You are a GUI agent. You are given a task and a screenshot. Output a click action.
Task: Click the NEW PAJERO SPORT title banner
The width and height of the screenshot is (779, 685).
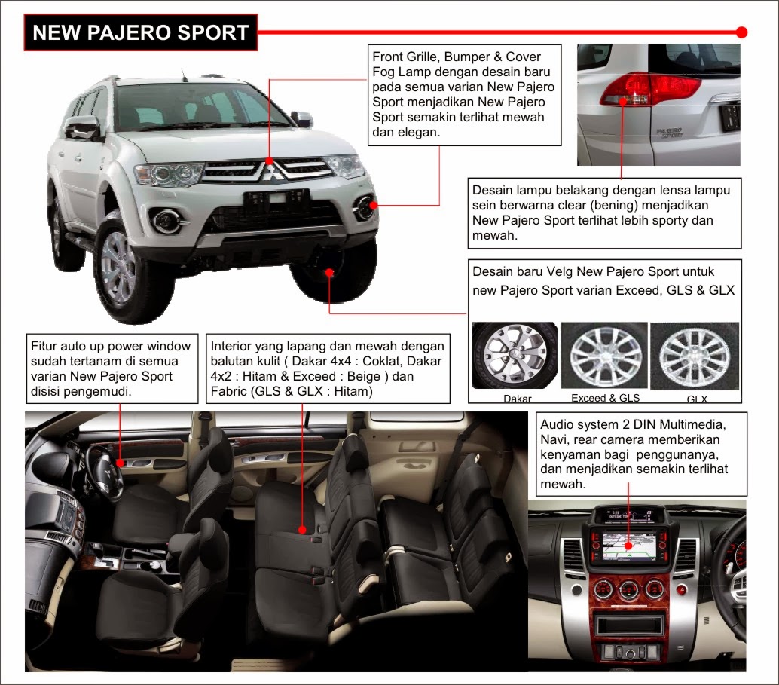(141, 32)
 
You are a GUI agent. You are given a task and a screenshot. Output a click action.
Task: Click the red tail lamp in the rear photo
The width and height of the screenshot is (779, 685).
(650, 88)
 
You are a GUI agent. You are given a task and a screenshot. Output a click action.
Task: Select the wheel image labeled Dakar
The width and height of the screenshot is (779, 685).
(515, 356)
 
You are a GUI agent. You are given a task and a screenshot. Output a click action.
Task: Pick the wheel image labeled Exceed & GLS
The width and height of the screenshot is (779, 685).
(604, 355)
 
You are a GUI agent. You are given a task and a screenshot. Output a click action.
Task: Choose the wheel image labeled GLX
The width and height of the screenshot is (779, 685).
(695, 356)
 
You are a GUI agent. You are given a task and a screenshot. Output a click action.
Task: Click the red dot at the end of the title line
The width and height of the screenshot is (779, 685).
(742, 32)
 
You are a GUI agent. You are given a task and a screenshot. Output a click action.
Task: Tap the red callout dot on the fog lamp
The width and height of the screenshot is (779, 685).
(373, 205)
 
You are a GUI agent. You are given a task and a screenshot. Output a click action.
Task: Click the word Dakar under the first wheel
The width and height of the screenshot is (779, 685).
(517, 398)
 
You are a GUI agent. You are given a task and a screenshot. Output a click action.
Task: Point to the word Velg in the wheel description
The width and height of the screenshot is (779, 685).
(560, 271)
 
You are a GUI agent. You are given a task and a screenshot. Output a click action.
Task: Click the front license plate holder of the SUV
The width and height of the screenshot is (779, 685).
(276, 200)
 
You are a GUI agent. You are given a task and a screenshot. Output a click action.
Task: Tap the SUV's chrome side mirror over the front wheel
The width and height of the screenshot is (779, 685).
(82, 127)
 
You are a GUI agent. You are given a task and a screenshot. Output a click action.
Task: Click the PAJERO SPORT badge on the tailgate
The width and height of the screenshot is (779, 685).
(669, 132)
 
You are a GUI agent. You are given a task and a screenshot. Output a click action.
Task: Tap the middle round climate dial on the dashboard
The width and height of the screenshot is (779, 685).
(628, 590)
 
